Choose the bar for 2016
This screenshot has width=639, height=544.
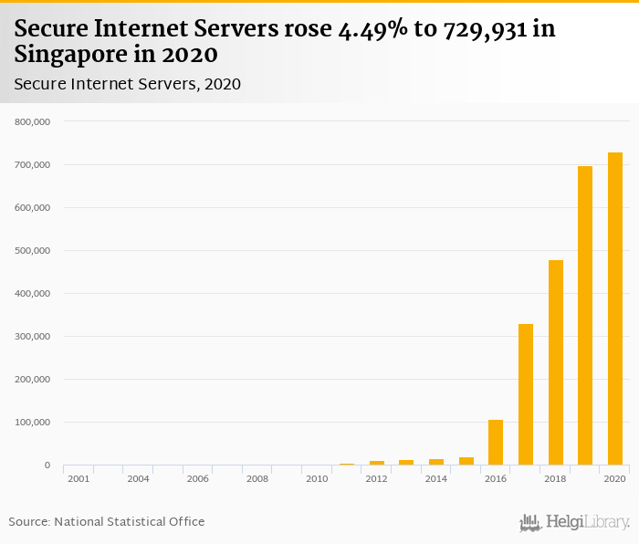496,443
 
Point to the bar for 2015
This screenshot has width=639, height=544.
466,461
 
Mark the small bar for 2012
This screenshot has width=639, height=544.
377,463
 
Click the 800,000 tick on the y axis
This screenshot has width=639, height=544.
32,121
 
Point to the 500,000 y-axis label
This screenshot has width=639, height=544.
32,251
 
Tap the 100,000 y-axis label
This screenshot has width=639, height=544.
32,423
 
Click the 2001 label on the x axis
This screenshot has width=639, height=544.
79,478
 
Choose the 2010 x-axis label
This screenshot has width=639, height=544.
317,478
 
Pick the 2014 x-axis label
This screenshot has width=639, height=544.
436,478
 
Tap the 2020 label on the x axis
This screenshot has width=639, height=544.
614,478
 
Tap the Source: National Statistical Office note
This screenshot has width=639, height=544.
107,522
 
